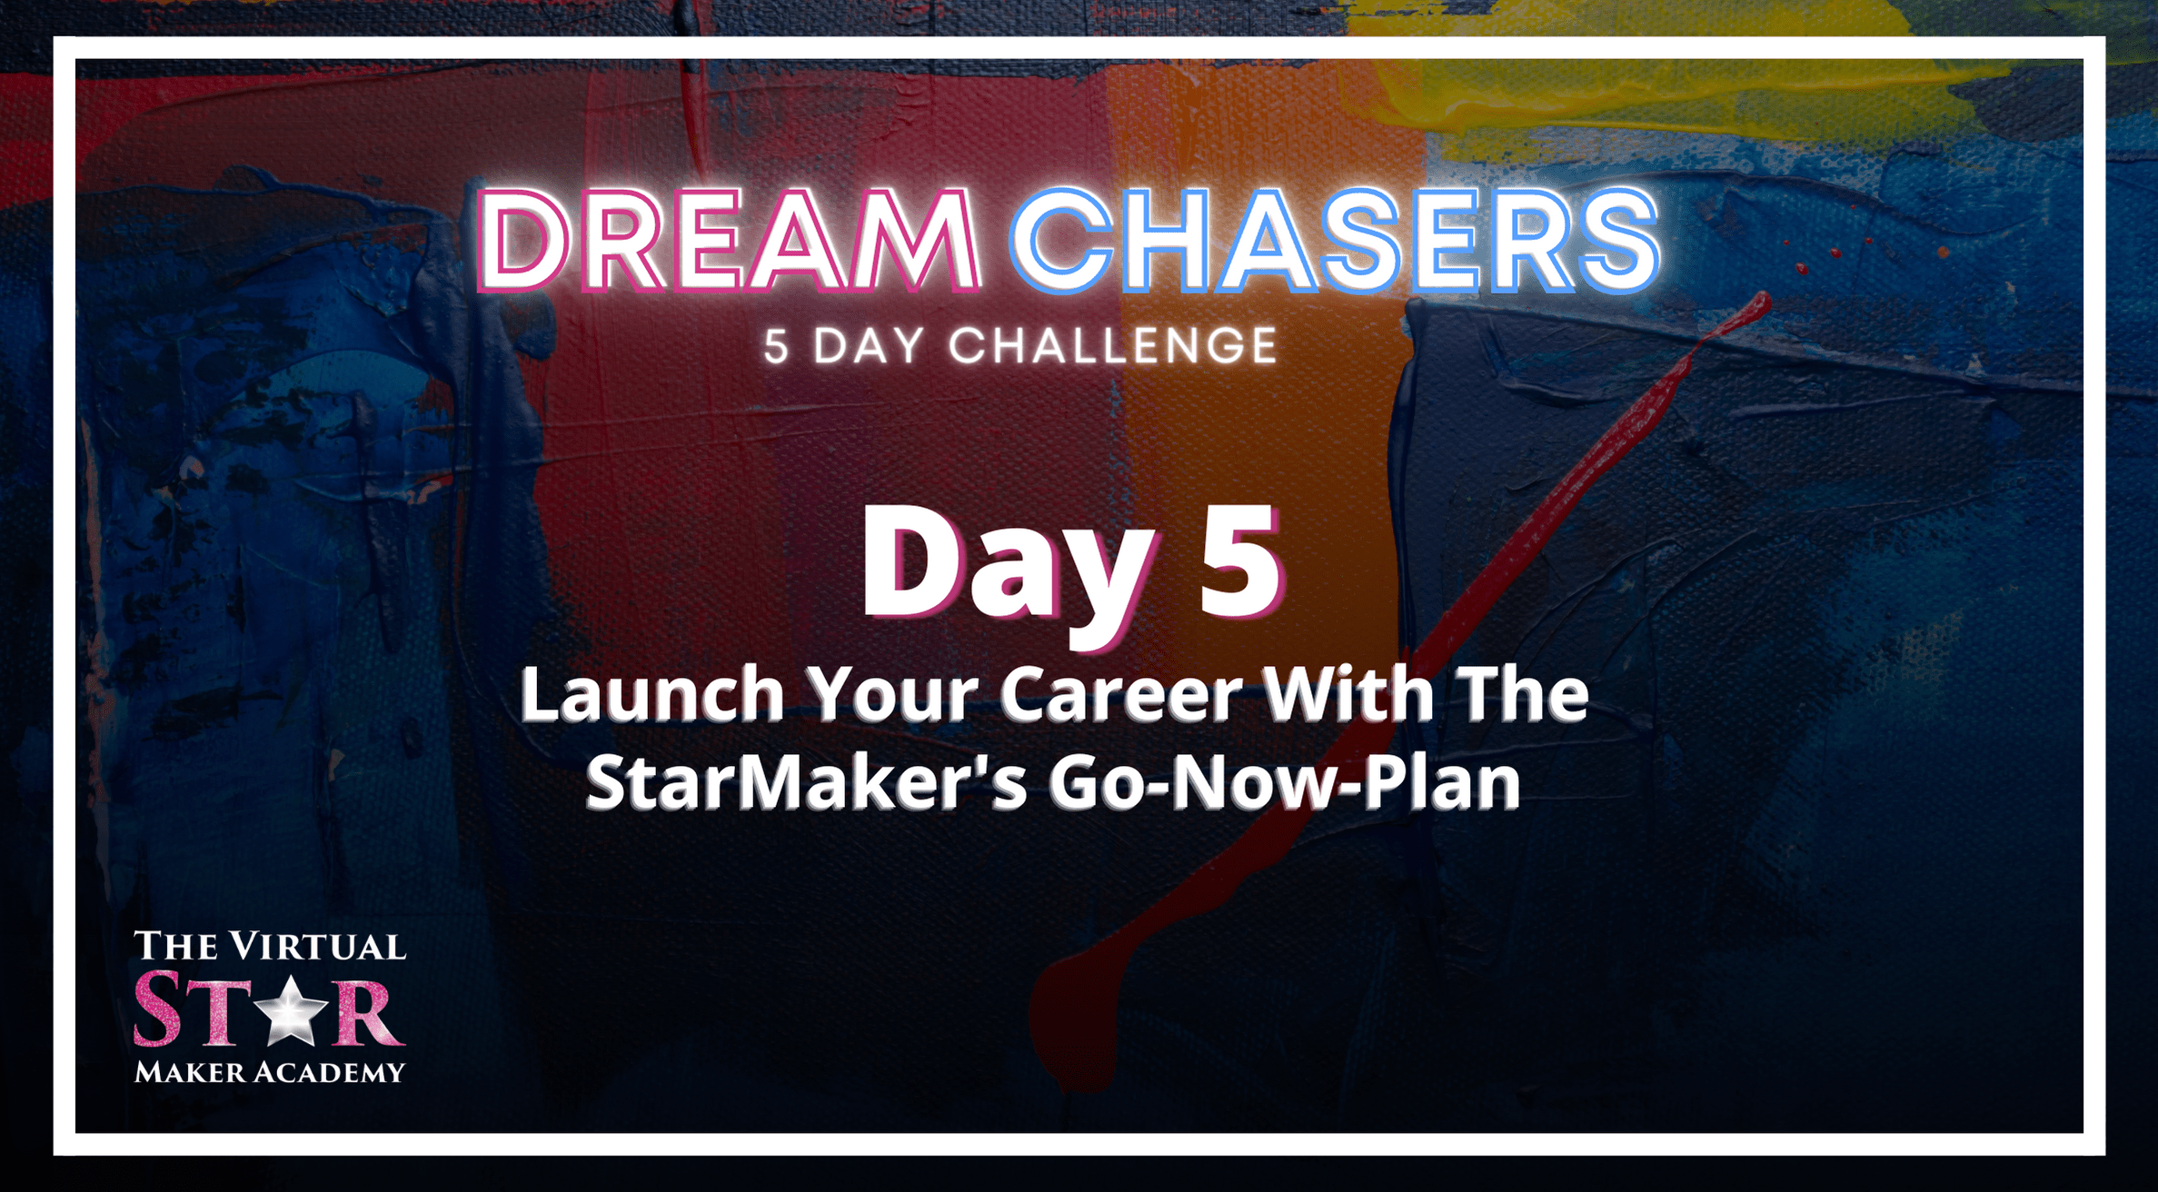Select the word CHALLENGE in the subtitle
pyautogui.click(x=1113, y=346)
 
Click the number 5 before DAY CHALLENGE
pyautogui.click(x=776, y=346)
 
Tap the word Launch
pyautogui.click(x=652, y=695)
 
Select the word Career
pyautogui.click(x=1120, y=695)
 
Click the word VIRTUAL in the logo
pyautogui.click(x=317, y=947)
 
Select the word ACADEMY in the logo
pyautogui.click(x=329, y=1072)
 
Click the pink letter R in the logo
pyautogui.click(x=368, y=1011)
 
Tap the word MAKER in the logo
pyautogui.click(x=190, y=1072)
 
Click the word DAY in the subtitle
pyautogui.click(x=869, y=346)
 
